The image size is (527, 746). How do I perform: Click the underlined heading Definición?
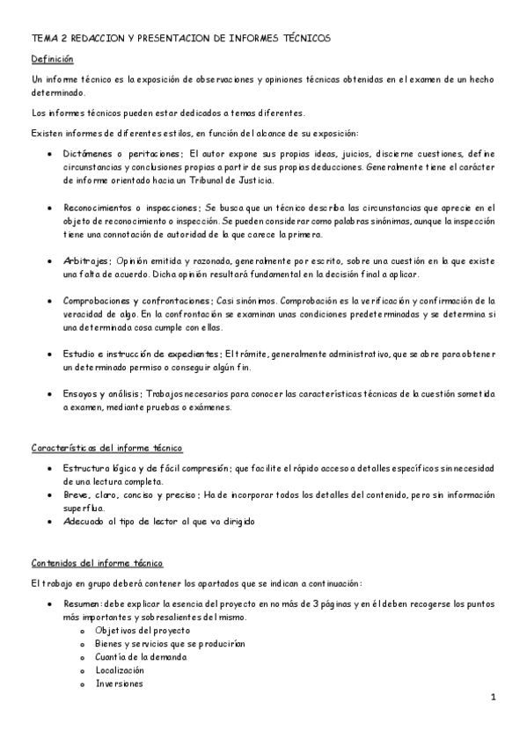pyautogui.click(x=52, y=59)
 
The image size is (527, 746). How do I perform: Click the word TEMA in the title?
pyautogui.click(x=42, y=40)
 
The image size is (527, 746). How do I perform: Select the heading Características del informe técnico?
pyautogui.click(x=106, y=449)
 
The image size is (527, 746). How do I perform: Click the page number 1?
pyautogui.click(x=494, y=697)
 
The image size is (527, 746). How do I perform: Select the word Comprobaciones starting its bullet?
pyautogui.click(x=99, y=301)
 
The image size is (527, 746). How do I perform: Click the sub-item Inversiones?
pyautogui.click(x=120, y=684)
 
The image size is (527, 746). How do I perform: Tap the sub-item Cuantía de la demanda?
pyautogui.click(x=141, y=657)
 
